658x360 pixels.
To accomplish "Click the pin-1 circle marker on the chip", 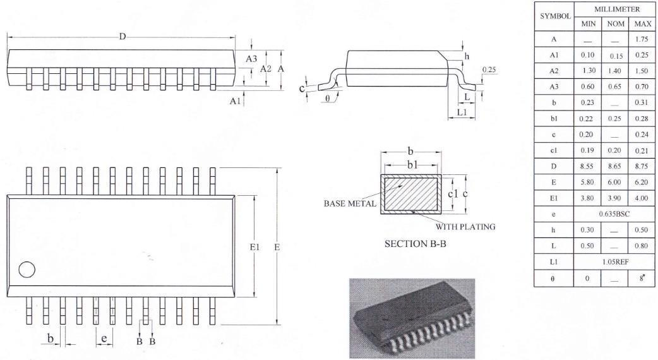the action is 27,270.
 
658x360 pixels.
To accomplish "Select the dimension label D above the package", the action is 122,37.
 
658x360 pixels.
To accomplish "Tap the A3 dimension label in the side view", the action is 251,59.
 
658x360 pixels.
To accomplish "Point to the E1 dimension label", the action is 254,247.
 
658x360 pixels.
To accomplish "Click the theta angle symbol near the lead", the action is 327,98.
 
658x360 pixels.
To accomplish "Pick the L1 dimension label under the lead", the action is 462,112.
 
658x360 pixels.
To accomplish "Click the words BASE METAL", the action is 350,203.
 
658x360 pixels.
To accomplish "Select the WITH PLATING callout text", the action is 465,227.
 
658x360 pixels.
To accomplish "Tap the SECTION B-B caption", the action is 415,244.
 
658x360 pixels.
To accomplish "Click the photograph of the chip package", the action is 412,318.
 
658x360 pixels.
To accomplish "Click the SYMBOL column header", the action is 555,16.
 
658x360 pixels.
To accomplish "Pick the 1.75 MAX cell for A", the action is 642,39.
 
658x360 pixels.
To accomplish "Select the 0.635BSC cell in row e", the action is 614,214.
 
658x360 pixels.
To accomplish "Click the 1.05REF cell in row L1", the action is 614,262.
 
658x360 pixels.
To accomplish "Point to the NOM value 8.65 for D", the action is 614,166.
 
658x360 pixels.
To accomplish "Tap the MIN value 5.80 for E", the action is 587,182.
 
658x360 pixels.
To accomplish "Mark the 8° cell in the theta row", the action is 642,278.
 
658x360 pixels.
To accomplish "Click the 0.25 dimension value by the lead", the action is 489,69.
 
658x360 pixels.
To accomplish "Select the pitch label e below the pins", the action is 104,338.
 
